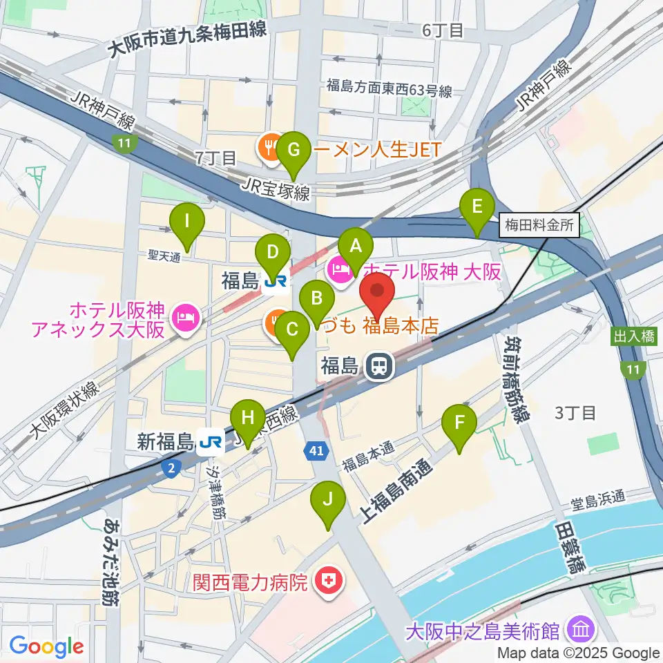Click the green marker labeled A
tap(356, 247)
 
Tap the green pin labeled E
tap(477, 208)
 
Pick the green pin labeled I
tap(187, 222)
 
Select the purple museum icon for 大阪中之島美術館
tap(579, 630)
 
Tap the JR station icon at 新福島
tap(210, 441)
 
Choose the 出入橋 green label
tap(632, 337)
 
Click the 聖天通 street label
tap(164, 256)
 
